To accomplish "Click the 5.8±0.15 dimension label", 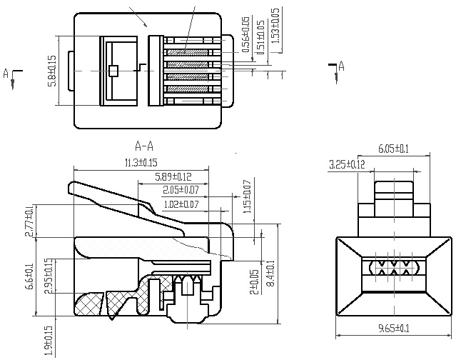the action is (x=53, y=71).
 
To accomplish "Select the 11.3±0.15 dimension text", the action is (x=141, y=162).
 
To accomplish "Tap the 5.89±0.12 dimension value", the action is (x=173, y=176).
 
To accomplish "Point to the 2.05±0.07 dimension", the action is (x=181, y=190).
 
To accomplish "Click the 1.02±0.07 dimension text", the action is (x=181, y=204).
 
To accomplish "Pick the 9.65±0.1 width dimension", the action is (x=393, y=329).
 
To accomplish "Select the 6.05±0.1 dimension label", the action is (x=393, y=149).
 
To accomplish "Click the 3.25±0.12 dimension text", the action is (x=347, y=164).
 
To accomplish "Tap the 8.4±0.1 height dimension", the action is (x=270, y=274).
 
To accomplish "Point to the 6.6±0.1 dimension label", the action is (x=30, y=276).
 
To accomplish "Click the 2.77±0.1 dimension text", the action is (x=29, y=221).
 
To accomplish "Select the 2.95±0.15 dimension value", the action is (x=48, y=276).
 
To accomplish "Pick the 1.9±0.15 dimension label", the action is (x=49, y=341).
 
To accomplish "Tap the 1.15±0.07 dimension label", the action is (x=247, y=196).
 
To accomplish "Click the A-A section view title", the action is (x=144, y=146).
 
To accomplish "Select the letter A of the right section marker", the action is (x=341, y=66).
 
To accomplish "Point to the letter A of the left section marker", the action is (x=6, y=74).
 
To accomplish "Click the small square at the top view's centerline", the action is (x=113, y=71).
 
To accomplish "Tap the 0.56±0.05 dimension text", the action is (x=246, y=34).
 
